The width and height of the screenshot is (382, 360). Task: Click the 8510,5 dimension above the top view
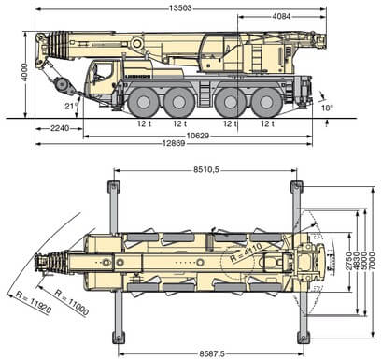205,170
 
